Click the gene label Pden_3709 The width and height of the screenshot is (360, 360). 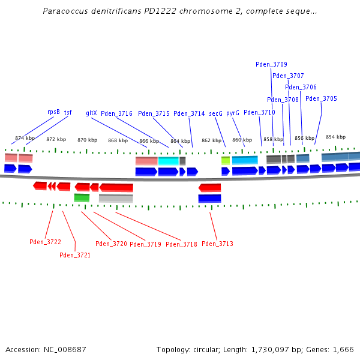click(271, 64)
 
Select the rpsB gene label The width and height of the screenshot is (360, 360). click(53, 112)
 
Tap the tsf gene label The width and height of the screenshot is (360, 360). click(68, 112)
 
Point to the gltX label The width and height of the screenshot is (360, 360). click(91, 112)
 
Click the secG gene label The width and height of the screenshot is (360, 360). click(215, 113)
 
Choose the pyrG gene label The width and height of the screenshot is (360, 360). click(233, 113)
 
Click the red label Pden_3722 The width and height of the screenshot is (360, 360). click(45, 242)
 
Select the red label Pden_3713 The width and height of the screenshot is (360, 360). click(217, 244)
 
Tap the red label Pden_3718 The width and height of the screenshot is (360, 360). click(181, 244)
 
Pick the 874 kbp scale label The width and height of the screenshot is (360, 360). click(25, 138)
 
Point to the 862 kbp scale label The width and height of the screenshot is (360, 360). click(211, 140)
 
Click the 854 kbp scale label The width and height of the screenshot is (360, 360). click(335, 137)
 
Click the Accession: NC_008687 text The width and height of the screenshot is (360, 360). click(46, 349)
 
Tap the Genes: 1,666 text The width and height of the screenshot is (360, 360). click(333, 349)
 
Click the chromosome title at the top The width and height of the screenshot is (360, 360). click(180, 11)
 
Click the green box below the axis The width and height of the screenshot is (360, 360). click(82, 197)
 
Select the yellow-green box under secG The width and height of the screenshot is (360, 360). click(226, 160)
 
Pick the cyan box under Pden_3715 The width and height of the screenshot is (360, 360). click(168, 161)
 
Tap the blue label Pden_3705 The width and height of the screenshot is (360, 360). click(321, 98)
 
